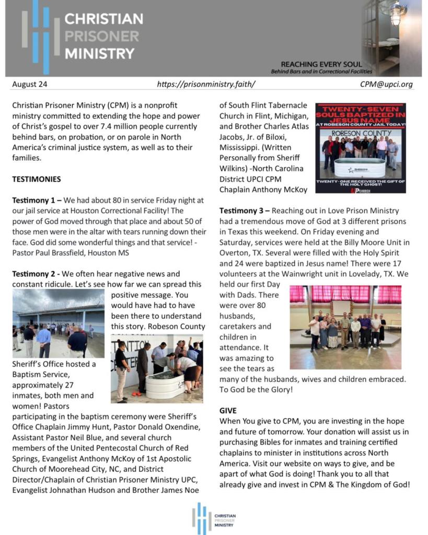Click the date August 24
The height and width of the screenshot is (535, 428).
[30, 84]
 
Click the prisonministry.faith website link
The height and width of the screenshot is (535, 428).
[206, 84]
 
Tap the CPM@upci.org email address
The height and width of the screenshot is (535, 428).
[386, 84]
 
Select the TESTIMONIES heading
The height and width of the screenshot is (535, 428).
[37, 179]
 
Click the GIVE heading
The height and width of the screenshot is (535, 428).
[228, 411]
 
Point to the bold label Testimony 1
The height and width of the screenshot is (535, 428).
[34, 201]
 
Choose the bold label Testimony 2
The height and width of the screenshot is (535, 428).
[34, 274]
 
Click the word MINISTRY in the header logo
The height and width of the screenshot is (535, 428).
[99, 53]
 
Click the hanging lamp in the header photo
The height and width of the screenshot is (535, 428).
[396, 15]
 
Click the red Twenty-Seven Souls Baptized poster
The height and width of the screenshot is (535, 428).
[361, 148]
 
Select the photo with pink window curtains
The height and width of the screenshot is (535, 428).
[345, 327]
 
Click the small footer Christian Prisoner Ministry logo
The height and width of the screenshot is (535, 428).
[213, 518]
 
